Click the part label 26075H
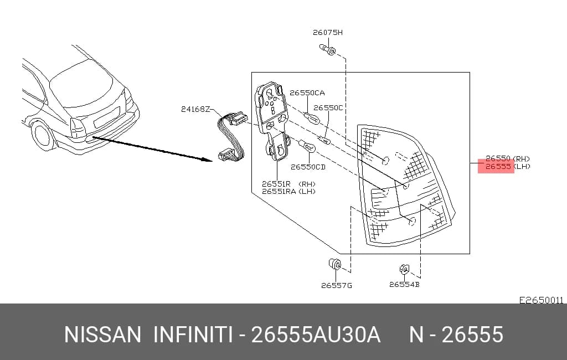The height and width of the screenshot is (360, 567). (328, 32)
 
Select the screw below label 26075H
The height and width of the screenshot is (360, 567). (328, 49)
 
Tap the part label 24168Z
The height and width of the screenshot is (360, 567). (195, 109)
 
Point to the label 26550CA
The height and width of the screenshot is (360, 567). (307, 92)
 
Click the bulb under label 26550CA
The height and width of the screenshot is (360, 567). (311, 117)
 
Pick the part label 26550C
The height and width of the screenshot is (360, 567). (328, 107)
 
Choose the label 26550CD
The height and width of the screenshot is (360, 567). (308, 167)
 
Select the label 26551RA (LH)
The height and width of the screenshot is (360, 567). (288, 192)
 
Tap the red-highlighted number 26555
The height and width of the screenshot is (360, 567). (498, 166)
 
